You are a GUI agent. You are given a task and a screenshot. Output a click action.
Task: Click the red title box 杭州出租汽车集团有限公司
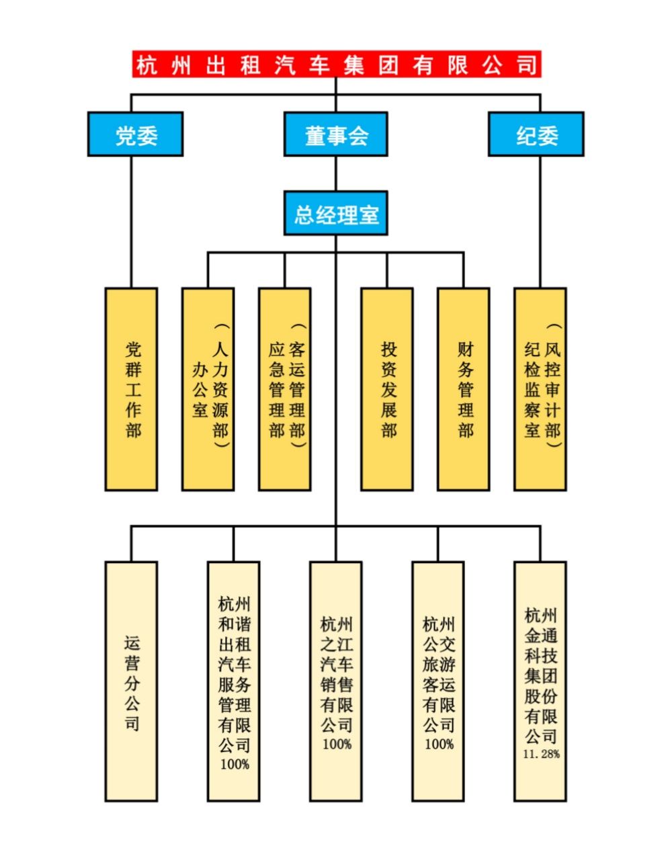[x=336, y=65]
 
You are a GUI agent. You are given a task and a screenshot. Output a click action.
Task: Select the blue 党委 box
[x=135, y=134]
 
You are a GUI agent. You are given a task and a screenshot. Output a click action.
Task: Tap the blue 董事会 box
[x=336, y=134]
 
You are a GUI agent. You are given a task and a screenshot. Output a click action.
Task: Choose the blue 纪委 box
[x=536, y=134]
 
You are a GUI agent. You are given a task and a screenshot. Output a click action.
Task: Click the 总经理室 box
[x=336, y=214]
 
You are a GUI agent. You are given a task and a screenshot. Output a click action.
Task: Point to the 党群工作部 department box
[x=132, y=389]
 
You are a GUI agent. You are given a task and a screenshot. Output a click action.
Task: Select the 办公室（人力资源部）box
[x=208, y=389]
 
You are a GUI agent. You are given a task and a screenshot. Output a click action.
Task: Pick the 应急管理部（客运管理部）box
[x=285, y=389]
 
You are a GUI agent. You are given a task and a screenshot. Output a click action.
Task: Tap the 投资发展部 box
[x=387, y=389]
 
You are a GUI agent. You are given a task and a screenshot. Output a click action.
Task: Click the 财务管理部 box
[x=464, y=389]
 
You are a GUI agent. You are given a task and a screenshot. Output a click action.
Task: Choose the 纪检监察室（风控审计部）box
[x=540, y=389]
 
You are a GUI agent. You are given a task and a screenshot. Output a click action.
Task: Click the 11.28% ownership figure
[x=541, y=754]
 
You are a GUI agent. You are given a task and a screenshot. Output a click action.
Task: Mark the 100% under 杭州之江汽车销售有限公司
[x=336, y=744]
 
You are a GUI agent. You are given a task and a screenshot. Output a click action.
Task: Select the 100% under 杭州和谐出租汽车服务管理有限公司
[x=234, y=764]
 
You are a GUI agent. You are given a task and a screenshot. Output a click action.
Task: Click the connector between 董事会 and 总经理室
[x=336, y=174]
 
